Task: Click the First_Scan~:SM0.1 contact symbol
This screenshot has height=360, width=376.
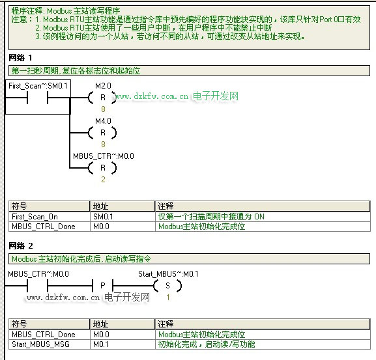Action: [x=37, y=98]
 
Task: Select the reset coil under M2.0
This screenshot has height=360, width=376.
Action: [x=102, y=98]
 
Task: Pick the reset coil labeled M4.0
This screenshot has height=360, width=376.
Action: [x=102, y=133]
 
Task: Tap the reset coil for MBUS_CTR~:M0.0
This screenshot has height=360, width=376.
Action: [x=102, y=168]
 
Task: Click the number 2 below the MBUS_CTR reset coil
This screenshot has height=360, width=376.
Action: [x=103, y=180]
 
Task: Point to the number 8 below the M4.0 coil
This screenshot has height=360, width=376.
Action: [x=103, y=144]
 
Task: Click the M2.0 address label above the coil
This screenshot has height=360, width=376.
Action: [x=103, y=86]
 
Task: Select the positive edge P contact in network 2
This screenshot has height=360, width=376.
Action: [x=102, y=286]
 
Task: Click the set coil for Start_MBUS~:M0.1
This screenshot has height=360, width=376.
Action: [x=167, y=286]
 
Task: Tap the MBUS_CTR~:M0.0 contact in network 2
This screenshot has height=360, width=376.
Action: [x=37, y=286]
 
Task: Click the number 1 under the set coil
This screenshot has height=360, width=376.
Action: [x=168, y=298]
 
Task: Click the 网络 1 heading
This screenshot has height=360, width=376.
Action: [x=20, y=58]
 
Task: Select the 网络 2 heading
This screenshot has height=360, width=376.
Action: [x=21, y=245]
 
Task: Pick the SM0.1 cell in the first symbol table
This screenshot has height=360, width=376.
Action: [x=103, y=217]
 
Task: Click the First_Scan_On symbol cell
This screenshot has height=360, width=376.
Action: [x=35, y=217]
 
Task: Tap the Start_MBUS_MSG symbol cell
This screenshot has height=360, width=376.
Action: [x=40, y=344]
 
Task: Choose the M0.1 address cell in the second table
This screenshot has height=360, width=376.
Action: [x=101, y=344]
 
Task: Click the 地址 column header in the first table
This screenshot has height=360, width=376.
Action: [x=101, y=206]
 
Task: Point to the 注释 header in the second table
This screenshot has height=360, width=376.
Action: [x=166, y=324]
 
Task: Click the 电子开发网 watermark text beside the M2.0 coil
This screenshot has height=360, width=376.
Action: [x=216, y=96]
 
